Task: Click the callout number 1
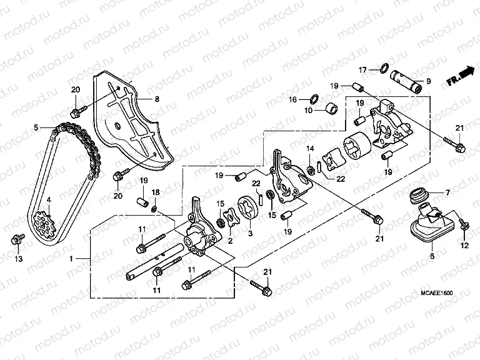pyautogui.click(x=71, y=258)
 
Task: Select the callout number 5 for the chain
pyautogui.click(x=37, y=127)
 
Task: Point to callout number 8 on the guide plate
pyautogui.click(x=157, y=99)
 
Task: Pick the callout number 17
pyautogui.click(x=362, y=69)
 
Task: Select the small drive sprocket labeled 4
pyautogui.click(x=42, y=223)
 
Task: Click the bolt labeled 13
pyautogui.click(x=16, y=239)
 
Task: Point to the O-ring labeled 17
pyautogui.click(x=386, y=69)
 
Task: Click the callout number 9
pyautogui.click(x=428, y=81)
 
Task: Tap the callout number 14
pyautogui.click(x=309, y=148)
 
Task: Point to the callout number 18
pyautogui.click(x=156, y=192)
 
